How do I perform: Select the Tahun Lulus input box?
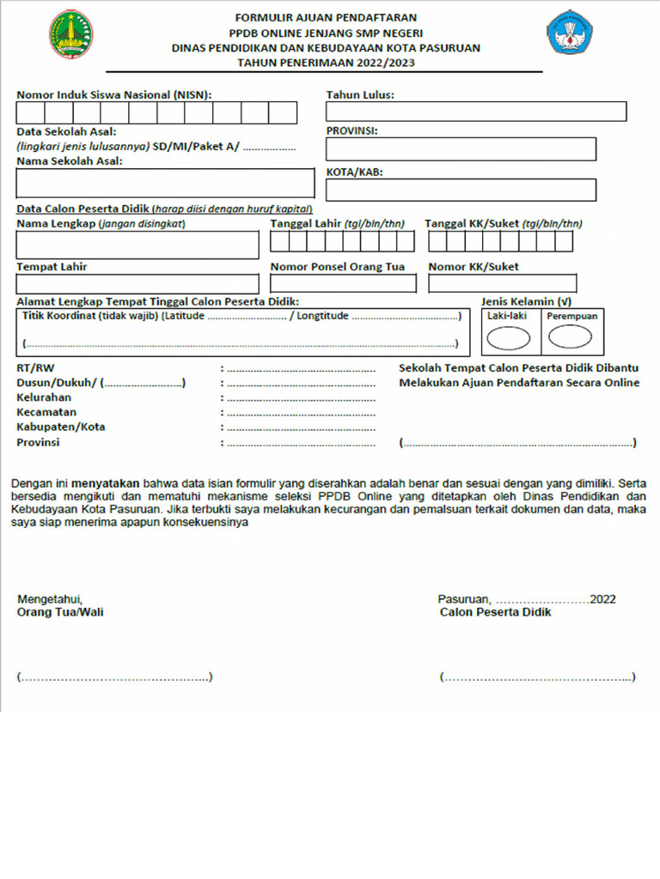point(475,112)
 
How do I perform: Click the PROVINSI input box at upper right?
point(460,149)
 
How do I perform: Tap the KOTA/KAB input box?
point(460,190)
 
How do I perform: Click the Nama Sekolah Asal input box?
point(165,183)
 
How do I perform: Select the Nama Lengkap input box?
point(137,245)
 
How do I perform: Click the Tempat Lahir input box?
point(137,284)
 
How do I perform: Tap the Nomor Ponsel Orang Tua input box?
point(343,284)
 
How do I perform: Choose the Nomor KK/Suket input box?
point(503,284)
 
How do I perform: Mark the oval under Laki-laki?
point(509,339)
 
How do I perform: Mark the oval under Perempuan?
point(570,337)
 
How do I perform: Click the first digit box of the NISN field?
point(31,113)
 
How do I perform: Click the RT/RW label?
point(32,367)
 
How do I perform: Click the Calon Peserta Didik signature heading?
point(495,613)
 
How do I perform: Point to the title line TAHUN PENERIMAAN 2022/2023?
point(326,63)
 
